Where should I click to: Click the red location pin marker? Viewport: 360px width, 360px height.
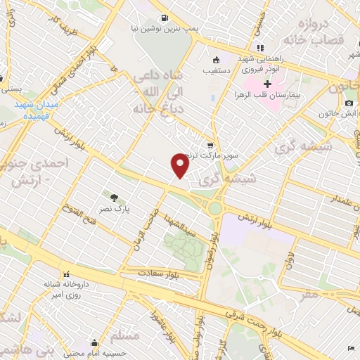coord(180,166)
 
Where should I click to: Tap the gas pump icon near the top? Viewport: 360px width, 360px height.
coord(163,18)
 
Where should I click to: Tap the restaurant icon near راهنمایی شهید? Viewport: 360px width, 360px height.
coord(260,48)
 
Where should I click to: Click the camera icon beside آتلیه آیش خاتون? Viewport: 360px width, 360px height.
coord(349,103)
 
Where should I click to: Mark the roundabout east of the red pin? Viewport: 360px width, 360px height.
coord(214,207)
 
